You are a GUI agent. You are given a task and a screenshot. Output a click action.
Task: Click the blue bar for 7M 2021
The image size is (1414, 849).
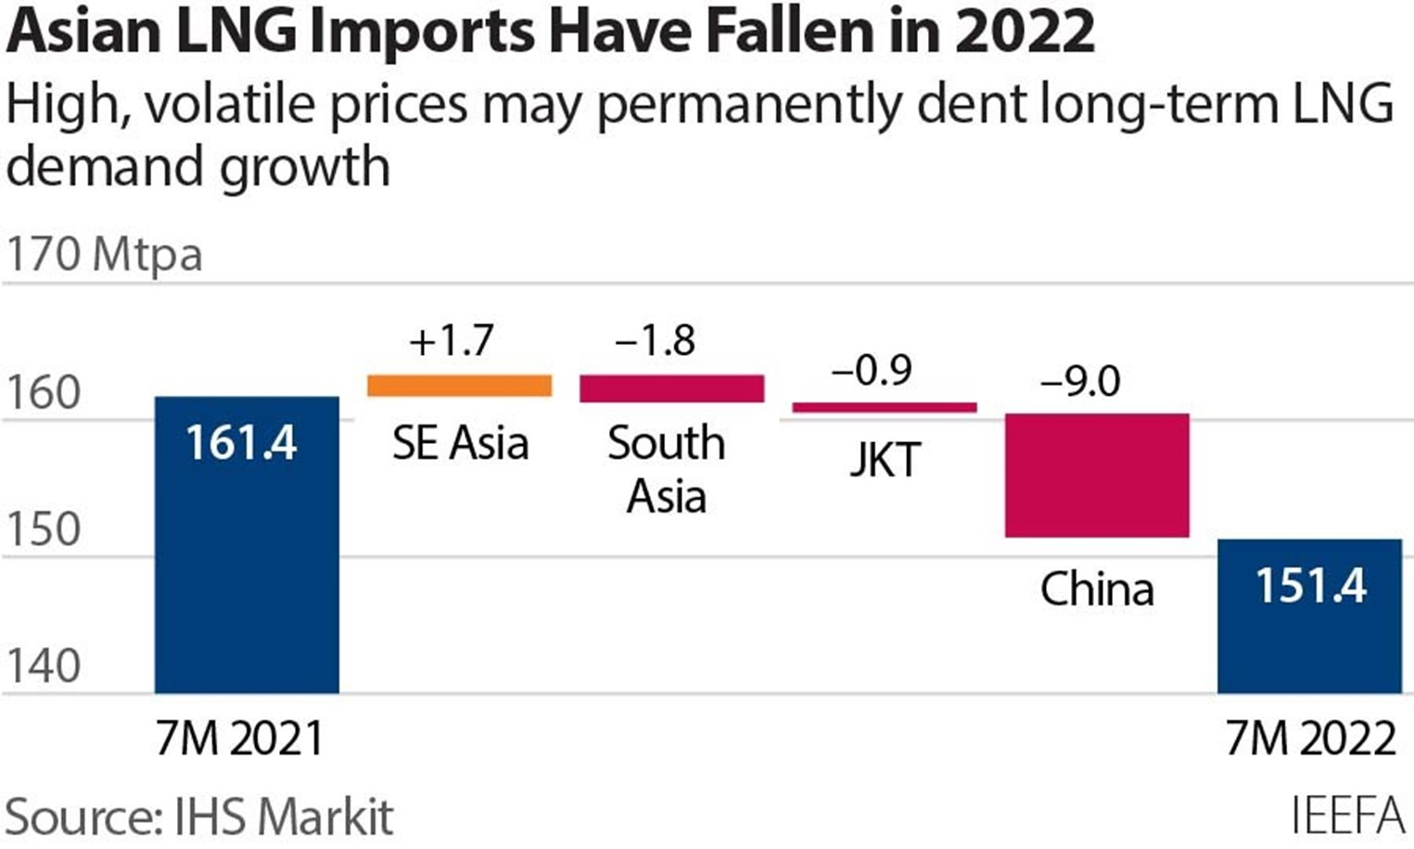pyautogui.click(x=246, y=575)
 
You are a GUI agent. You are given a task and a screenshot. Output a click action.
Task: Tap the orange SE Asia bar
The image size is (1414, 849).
pyautogui.click(x=459, y=386)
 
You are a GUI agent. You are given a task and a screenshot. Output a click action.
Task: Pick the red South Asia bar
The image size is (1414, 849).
pyautogui.click(x=671, y=388)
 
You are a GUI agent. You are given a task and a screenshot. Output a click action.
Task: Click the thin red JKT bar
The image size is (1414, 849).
pyautogui.click(x=884, y=407)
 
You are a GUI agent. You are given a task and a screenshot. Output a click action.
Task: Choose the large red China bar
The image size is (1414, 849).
pyautogui.click(x=1096, y=475)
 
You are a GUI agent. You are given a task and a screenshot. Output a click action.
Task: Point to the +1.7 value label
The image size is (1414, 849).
pyautogui.click(x=452, y=340)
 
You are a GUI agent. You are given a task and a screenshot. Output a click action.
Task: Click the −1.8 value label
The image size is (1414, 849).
pyautogui.click(x=655, y=340)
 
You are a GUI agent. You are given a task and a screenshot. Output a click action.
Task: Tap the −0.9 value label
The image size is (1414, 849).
pyautogui.click(x=873, y=370)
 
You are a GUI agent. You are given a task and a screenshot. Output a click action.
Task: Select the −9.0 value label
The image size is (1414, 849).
pyautogui.click(x=1080, y=381)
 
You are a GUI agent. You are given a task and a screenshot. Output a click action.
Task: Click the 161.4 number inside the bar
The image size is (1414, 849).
pyautogui.click(x=241, y=442)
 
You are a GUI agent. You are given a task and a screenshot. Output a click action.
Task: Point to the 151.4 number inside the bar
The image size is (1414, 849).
pyautogui.click(x=1310, y=586)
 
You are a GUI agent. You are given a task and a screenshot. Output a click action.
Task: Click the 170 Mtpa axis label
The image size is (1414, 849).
pyautogui.click(x=104, y=254)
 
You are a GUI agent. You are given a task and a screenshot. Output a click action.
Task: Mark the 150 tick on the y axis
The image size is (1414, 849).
pyautogui.click(x=44, y=529)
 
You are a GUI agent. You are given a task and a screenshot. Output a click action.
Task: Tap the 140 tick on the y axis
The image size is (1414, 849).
pyautogui.click(x=44, y=665)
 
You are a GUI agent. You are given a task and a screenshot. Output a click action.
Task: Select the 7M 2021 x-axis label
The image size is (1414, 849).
pyautogui.click(x=240, y=739)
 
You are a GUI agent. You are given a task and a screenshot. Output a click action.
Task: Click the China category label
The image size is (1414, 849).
pyautogui.click(x=1097, y=589)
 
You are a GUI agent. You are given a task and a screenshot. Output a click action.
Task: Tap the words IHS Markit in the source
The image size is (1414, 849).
pyautogui.click(x=284, y=817)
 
